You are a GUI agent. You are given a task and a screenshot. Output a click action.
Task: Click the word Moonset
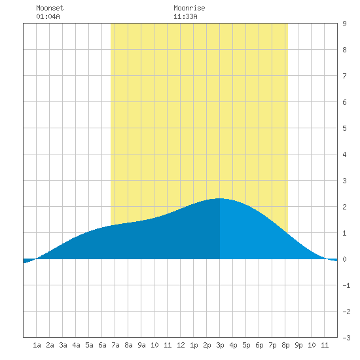pos(50,8)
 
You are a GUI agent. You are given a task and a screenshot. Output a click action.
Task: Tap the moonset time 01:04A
pos(48,16)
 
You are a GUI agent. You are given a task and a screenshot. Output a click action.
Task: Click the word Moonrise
pos(189,8)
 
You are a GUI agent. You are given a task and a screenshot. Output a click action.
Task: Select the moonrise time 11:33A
pos(185,16)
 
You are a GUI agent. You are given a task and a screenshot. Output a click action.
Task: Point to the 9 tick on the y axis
pos(344,24)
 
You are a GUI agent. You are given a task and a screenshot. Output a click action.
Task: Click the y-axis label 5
pos(344,128)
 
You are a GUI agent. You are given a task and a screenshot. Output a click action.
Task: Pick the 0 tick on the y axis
pos(344,259)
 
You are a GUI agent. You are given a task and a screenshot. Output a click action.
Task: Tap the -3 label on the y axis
pos(346,338)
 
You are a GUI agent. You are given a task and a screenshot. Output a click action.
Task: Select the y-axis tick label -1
pos(346,285)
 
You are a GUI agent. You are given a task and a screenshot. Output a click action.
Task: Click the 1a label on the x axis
pos(37,345)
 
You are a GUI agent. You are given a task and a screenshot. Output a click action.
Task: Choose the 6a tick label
pos(102,345)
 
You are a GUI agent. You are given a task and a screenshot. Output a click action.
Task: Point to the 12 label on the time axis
pos(181,345)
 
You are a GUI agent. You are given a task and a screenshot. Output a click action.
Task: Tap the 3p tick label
pos(220,345)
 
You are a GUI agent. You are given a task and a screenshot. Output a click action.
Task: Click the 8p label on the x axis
pos(285,345)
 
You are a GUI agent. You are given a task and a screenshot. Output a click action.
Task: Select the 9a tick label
pos(141,345)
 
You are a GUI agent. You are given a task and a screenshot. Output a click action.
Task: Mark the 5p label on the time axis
pos(246,345)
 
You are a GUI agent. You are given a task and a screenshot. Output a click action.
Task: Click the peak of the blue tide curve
pos(220,198)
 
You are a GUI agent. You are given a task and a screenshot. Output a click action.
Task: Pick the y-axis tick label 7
pos(344,76)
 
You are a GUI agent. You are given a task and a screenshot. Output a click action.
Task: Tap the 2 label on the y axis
pos(344,207)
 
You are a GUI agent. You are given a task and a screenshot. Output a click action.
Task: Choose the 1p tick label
pos(194,345)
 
